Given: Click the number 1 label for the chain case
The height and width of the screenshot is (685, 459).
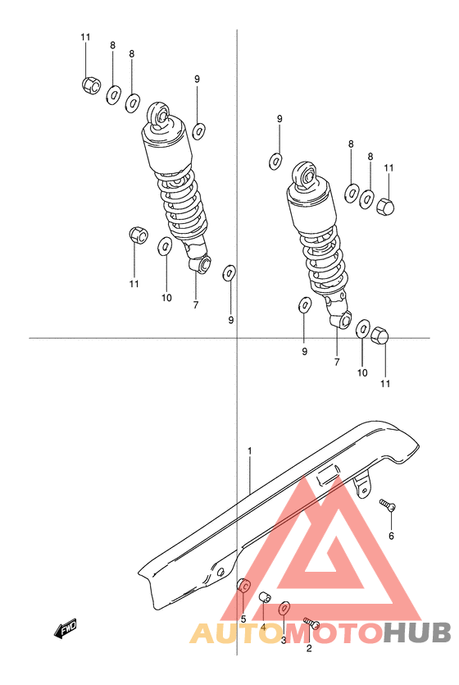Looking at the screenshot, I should [250, 450].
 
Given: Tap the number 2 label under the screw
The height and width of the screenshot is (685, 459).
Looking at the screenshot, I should [309, 648].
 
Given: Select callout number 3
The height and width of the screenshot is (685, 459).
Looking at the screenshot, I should [284, 640].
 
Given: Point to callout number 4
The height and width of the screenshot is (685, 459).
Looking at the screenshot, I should [263, 628].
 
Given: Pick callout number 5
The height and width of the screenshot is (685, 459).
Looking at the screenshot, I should [243, 619].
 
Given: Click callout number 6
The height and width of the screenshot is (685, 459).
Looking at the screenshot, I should [391, 536].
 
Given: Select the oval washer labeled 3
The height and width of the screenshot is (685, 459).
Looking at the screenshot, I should [284, 608].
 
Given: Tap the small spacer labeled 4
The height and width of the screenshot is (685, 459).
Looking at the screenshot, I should [265, 596].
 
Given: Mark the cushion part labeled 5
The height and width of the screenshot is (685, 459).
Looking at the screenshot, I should [243, 585].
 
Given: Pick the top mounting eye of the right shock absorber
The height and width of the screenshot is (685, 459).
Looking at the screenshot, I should [304, 175].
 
